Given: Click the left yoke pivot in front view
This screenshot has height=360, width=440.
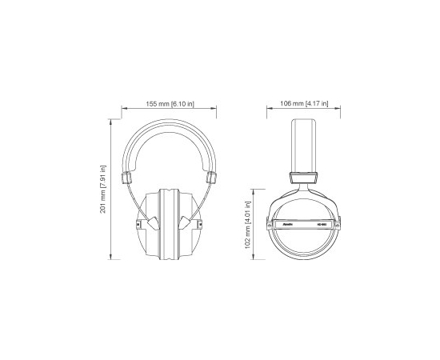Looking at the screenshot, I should click(142, 222).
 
